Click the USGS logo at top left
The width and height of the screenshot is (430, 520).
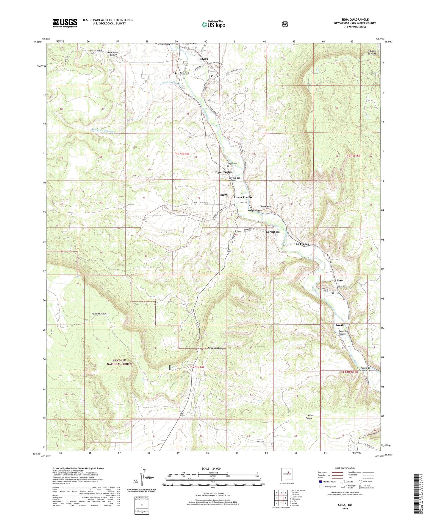coord(65,23)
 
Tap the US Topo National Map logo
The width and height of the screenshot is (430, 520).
coord(213,24)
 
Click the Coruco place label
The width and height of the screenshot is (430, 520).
coord(215,76)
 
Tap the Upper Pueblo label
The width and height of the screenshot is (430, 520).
coord(223,172)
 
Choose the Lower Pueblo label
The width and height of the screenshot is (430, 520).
coord(243,197)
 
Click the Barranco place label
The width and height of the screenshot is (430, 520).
coord(266,206)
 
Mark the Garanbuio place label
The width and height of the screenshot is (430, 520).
coord(273,232)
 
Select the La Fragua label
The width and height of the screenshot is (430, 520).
coord(302,244)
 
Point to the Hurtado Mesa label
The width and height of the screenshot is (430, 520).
coord(97,314)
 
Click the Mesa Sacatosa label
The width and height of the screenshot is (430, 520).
coord(215,348)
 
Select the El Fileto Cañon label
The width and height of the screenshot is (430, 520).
coord(309,417)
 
